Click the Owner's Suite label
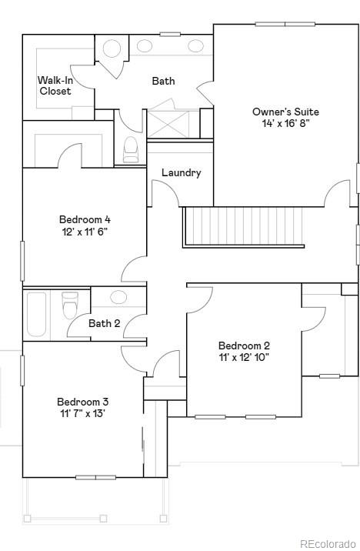tap(285, 112)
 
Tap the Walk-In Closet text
tap(55, 85)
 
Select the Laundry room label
tap(182, 172)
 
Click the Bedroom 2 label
tap(244, 346)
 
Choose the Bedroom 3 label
tap(82, 401)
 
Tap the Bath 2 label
tap(104, 323)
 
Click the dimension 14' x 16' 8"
tap(285, 123)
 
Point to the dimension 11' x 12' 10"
tap(244, 357)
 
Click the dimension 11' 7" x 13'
tap(82, 412)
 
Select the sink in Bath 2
tap(118, 297)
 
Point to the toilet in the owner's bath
tap(131, 149)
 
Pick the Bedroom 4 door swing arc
tap(132, 269)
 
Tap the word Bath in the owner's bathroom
tap(163, 81)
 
